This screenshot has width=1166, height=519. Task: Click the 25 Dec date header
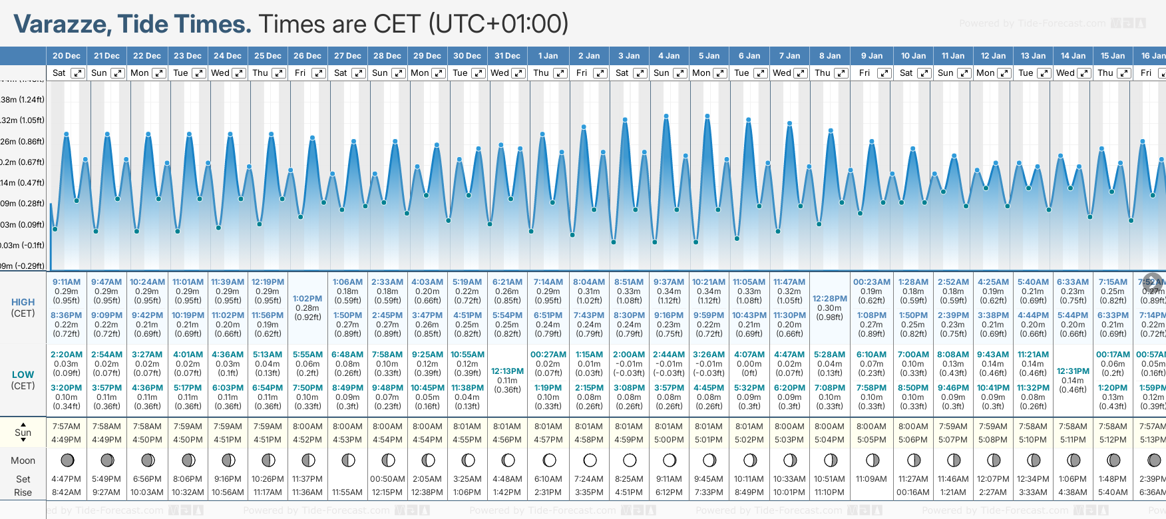point(268,56)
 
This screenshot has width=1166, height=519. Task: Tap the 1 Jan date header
point(548,56)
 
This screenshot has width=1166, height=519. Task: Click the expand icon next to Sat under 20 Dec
point(78,73)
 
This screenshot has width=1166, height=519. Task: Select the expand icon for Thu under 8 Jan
point(841,73)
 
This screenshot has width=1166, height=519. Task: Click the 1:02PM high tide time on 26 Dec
point(307,299)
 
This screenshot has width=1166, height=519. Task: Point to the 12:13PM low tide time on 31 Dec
point(507,371)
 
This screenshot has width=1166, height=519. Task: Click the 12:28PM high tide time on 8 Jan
point(829,299)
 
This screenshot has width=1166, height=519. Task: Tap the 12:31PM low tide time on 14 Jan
point(1073,371)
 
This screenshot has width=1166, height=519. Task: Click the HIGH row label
point(23,302)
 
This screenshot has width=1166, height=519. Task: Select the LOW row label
point(23,375)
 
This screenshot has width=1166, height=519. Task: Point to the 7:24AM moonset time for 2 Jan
point(589,479)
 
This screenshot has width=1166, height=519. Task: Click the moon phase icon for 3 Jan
point(630,460)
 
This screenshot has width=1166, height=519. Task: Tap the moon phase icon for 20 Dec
point(67,460)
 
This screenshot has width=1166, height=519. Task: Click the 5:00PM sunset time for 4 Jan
point(669,440)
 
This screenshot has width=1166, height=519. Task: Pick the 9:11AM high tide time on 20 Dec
point(67,282)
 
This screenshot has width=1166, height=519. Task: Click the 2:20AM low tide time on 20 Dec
point(67,355)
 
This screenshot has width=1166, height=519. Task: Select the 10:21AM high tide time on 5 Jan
point(709,282)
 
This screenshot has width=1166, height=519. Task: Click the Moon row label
point(23,460)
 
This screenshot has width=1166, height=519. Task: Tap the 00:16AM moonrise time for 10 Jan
point(913,492)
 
